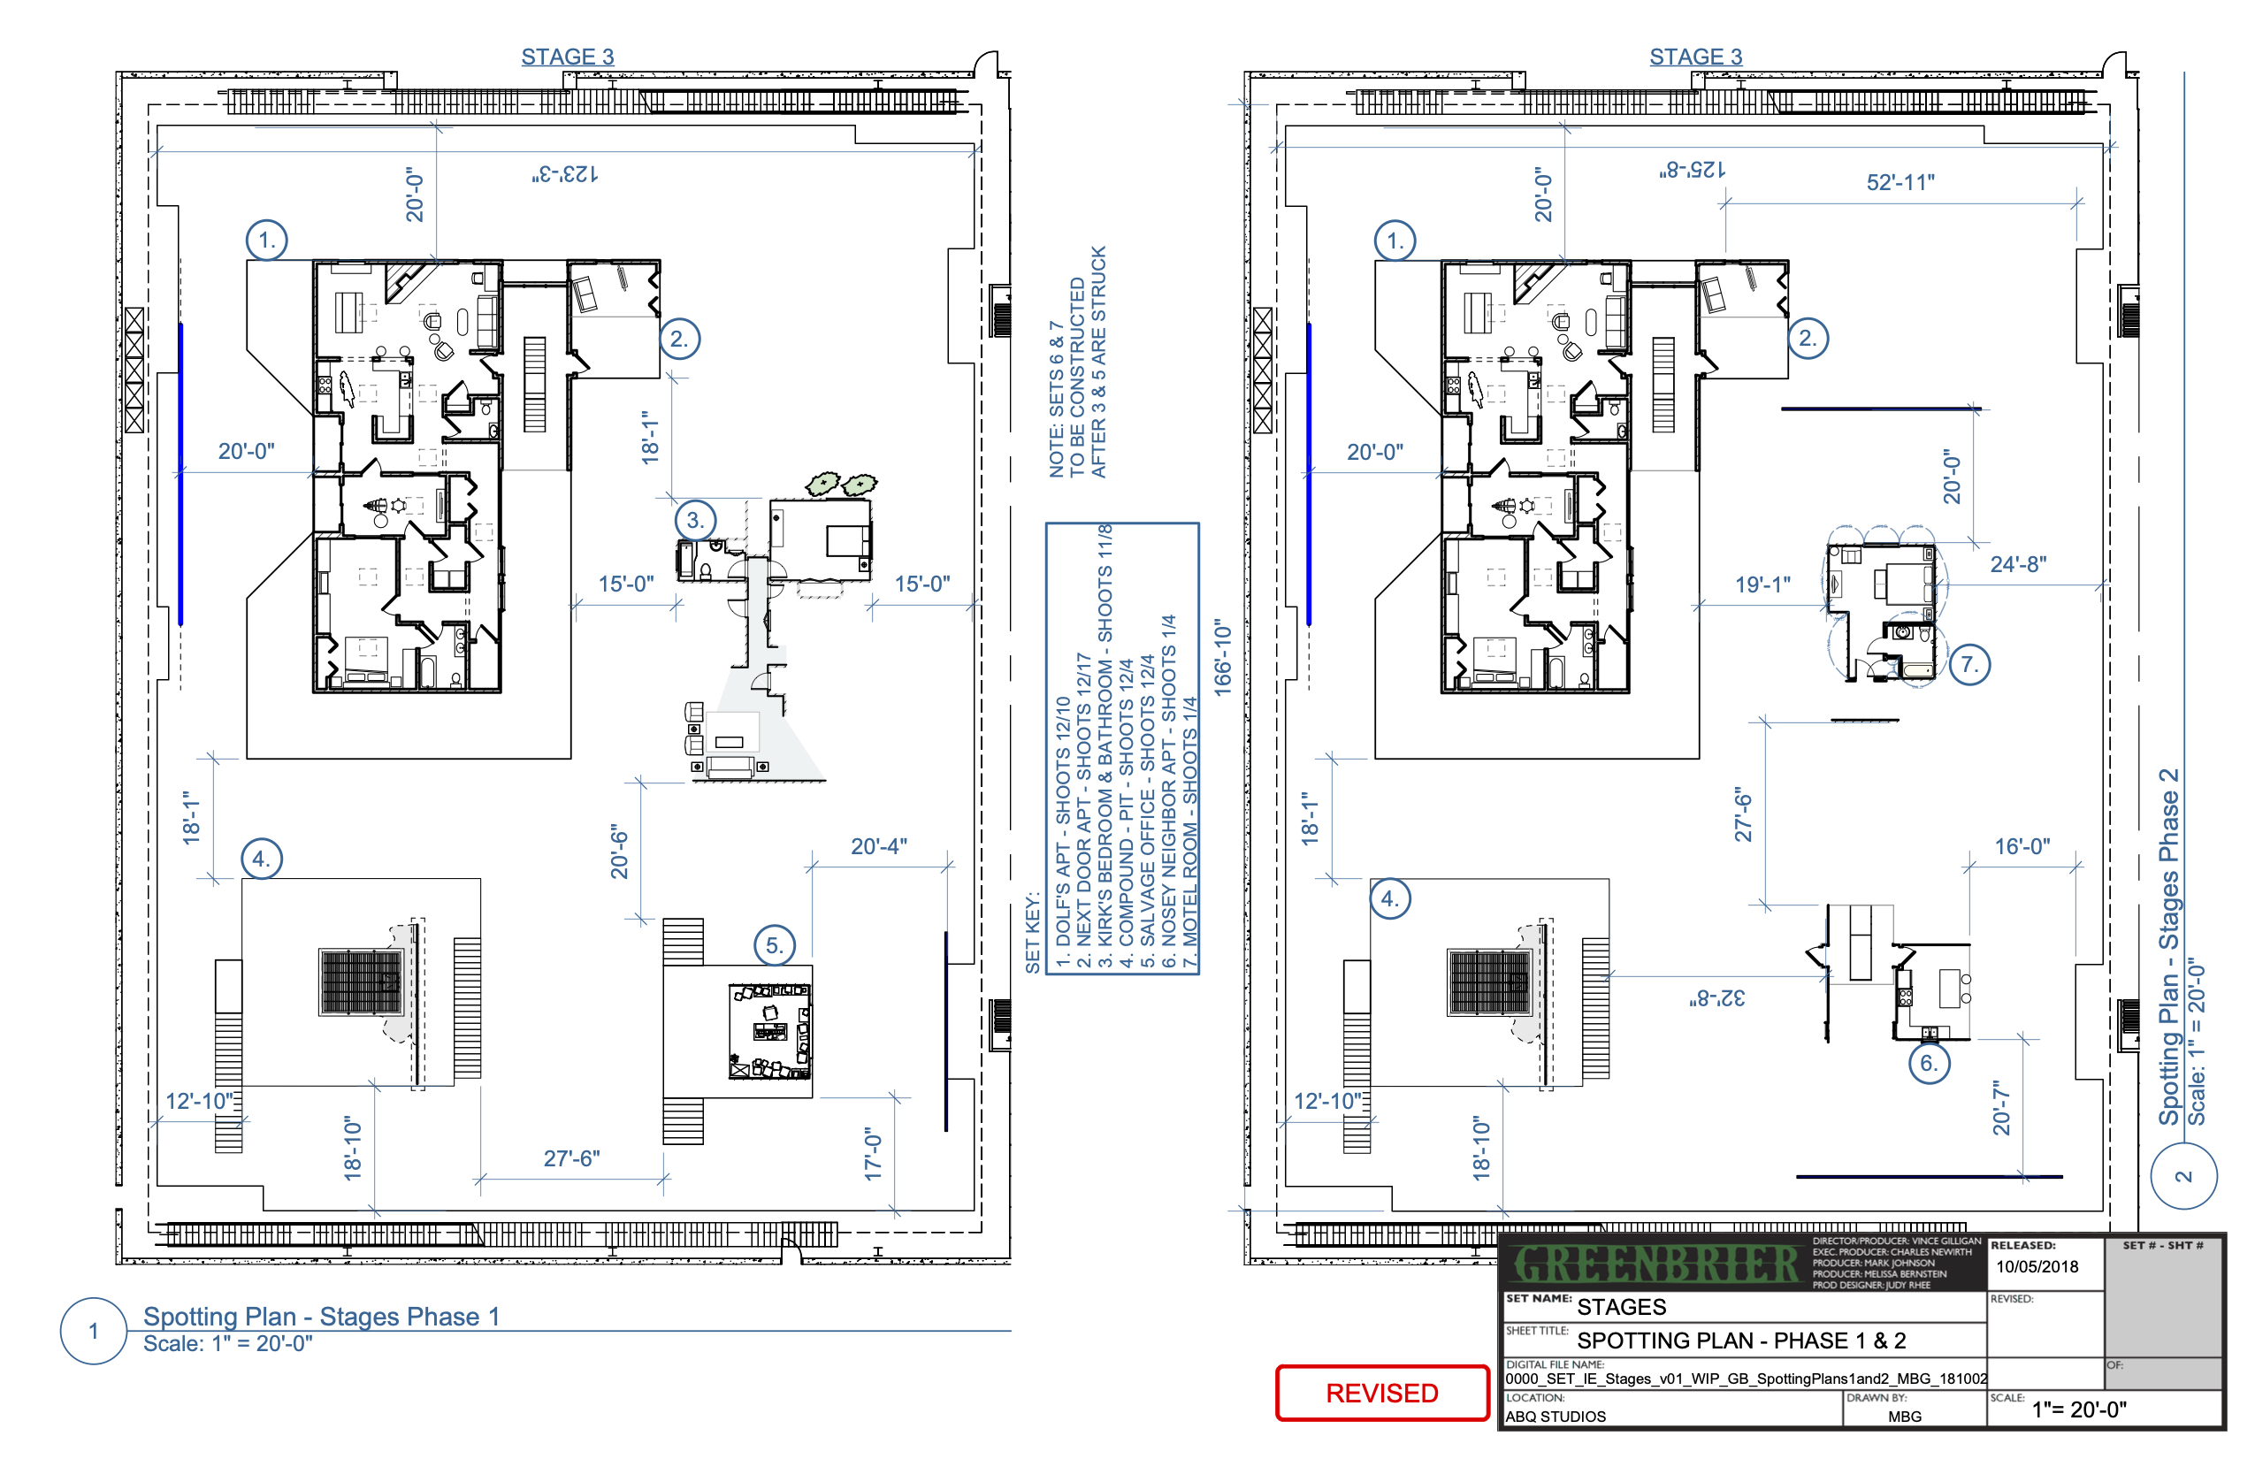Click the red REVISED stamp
tap(1381, 1393)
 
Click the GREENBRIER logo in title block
tap(1655, 1264)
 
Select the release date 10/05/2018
tap(2037, 1266)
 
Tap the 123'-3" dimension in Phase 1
tap(565, 174)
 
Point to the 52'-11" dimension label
tap(1900, 183)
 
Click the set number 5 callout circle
tap(774, 945)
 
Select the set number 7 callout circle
tap(1970, 664)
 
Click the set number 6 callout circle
tap(1928, 1063)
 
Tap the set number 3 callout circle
tap(695, 520)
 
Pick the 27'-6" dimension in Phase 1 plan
tap(571, 1158)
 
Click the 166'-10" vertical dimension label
tap(1223, 659)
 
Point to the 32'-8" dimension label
tap(1716, 998)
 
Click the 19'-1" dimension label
tap(1762, 585)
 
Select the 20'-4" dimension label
tap(878, 846)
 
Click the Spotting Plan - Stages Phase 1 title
tap(321, 1317)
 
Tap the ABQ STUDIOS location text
tap(1556, 1417)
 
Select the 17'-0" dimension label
tap(873, 1154)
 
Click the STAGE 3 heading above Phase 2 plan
tap(1695, 57)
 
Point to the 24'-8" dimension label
tap(2018, 565)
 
